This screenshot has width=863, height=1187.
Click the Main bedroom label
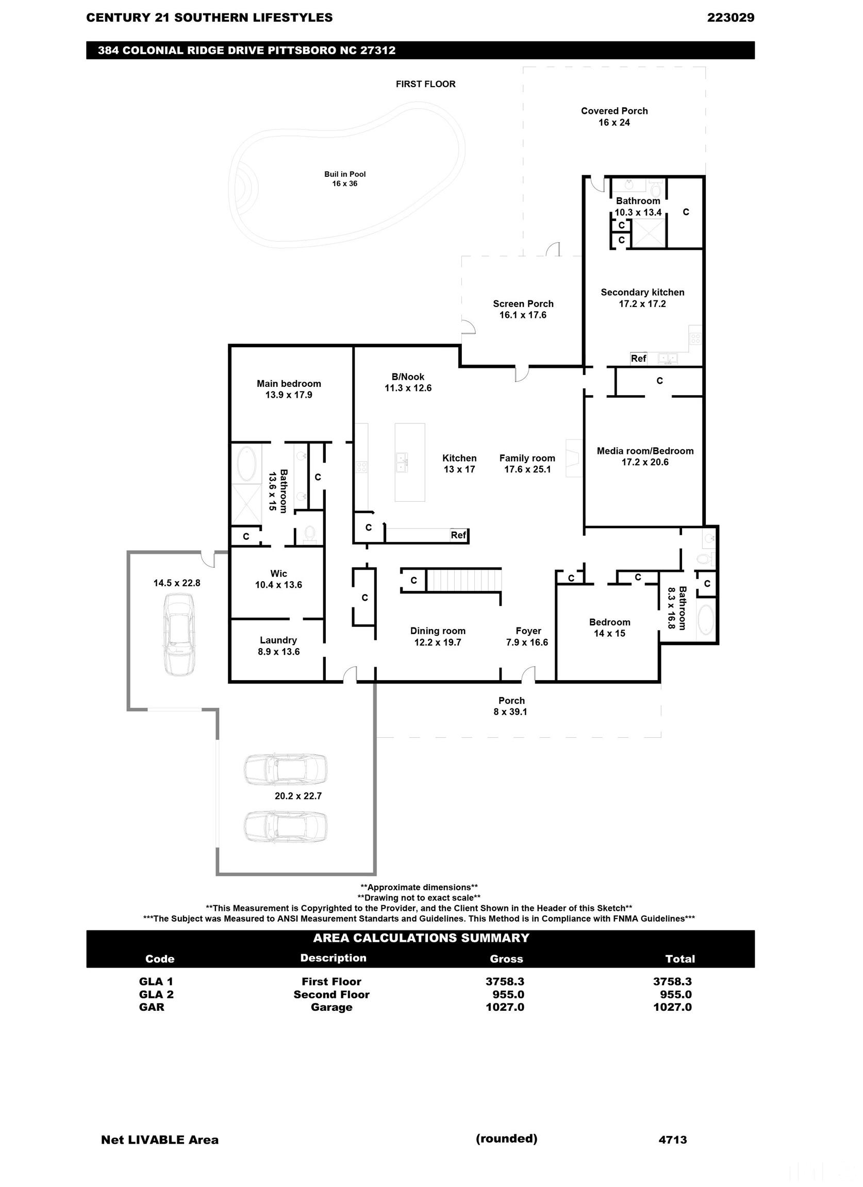click(289, 389)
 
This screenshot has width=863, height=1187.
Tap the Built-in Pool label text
click(344, 178)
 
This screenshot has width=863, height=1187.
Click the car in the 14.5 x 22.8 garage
click(177, 634)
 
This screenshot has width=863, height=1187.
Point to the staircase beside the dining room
click(463, 581)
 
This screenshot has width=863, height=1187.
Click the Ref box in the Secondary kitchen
click(638, 359)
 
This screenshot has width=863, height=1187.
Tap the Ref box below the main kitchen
click(458, 535)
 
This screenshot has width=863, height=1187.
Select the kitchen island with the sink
click(409, 462)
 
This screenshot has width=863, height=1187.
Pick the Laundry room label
click(278, 646)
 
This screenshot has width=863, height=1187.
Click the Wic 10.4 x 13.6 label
click(278, 579)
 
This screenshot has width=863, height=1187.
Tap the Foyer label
click(527, 636)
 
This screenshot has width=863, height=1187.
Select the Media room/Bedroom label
click(644, 456)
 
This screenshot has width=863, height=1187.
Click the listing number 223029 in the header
click(730, 18)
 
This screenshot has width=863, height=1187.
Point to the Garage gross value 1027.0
click(505, 1007)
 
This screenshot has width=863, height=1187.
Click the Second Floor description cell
click(331, 994)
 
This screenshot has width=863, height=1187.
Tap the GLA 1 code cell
click(156, 981)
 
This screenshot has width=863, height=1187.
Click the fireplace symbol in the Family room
click(574, 458)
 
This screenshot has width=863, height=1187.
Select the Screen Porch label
click(523, 309)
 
